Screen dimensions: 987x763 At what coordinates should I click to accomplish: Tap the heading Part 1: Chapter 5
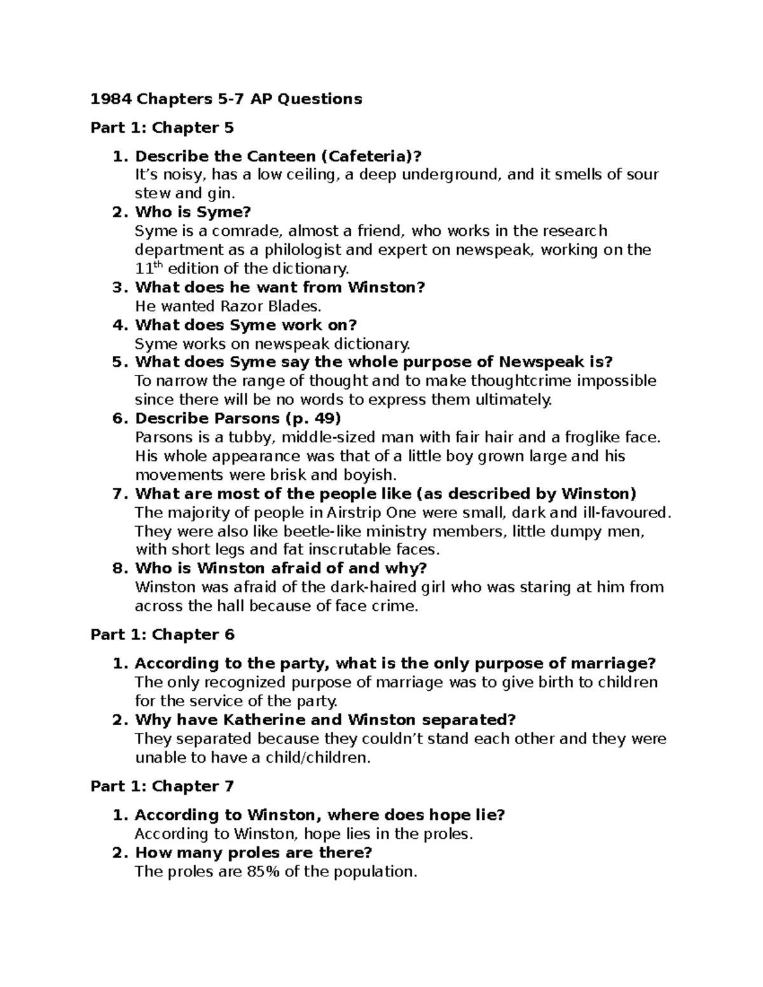tap(162, 128)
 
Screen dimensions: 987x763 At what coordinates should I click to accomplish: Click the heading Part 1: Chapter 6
tap(162, 634)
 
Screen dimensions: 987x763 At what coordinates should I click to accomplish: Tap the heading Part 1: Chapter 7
tap(162, 786)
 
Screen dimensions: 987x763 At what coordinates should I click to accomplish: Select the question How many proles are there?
tap(253, 852)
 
